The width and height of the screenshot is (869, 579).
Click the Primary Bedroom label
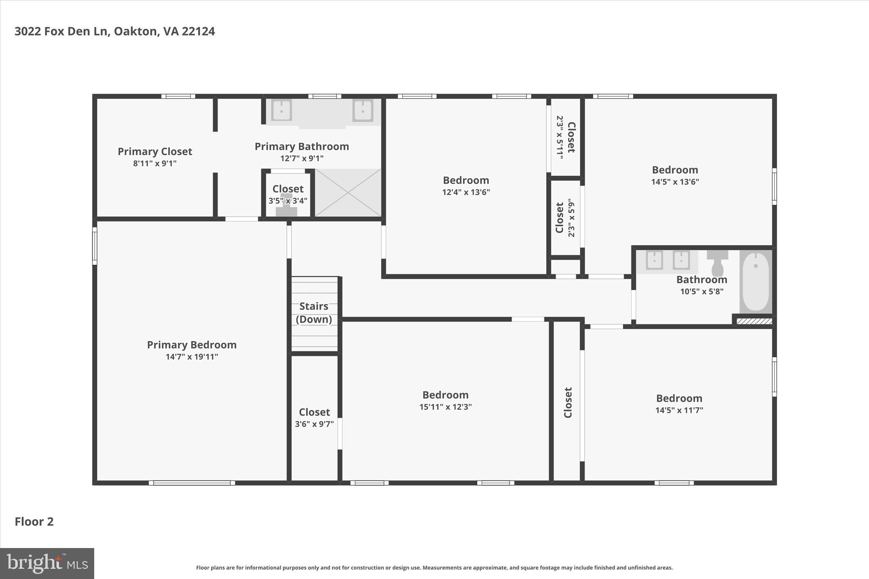click(x=191, y=345)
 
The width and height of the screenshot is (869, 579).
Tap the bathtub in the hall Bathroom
click(x=756, y=281)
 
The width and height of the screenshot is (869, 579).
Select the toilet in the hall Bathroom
click(x=717, y=263)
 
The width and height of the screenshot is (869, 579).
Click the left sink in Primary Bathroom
click(x=281, y=110)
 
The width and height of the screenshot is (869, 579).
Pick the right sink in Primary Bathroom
click(x=362, y=110)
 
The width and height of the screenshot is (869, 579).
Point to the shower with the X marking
click(x=348, y=193)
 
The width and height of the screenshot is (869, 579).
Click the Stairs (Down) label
click(x=314, y=313)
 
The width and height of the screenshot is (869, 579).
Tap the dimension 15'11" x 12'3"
click(x=446, y=407)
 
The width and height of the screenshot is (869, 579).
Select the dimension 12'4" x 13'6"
click(x=466, y=192)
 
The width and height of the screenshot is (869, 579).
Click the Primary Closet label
click(x=155, y=151)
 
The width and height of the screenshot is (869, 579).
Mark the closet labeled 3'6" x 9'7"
click(x=314, y=418)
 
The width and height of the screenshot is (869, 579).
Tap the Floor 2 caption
click(x=34, y=521)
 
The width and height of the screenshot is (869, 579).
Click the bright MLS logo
click(x=47, y=563)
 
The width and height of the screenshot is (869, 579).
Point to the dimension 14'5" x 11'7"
click(x=679, y=410)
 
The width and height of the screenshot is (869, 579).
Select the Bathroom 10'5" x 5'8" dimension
click(x=701, y=291)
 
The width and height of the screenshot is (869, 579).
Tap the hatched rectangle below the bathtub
click(x=754, y=321)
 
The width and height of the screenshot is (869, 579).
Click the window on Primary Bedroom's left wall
click(x=95, y=246)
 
